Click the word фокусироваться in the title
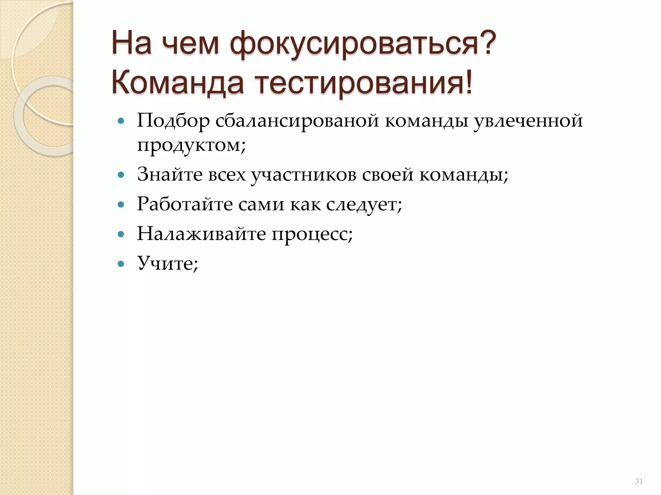363,44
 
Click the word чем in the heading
190,44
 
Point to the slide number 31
639,481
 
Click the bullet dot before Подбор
121,121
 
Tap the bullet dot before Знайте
121,175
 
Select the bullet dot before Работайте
121,205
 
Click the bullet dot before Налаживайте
121,234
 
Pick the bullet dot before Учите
121,264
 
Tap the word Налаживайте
201,234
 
